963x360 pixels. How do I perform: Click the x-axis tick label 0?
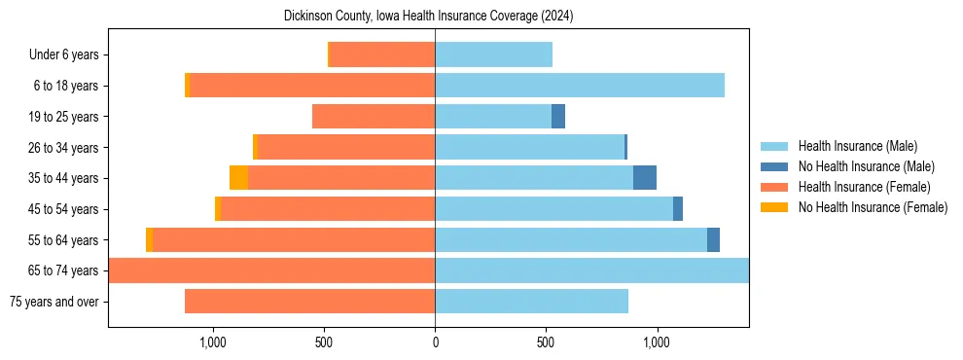coord(435,342)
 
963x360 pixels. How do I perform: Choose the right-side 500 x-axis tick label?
coord(546,342)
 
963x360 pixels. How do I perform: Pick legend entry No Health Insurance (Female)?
coord(873,207)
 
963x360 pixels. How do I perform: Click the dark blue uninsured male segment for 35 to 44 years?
coord(645,178)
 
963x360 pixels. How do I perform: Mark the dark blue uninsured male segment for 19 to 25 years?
coord(558,117)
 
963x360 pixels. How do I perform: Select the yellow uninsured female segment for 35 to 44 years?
coord(238,178)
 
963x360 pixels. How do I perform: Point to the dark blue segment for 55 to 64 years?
coord(713,239)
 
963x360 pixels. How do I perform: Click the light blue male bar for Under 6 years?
coord(493,55)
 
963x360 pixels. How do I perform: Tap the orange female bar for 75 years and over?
coord(309,302)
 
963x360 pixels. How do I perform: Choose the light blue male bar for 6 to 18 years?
coord(580,86)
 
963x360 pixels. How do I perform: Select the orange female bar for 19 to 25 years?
coord(374,117)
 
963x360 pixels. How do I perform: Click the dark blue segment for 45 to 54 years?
coord(678,209)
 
